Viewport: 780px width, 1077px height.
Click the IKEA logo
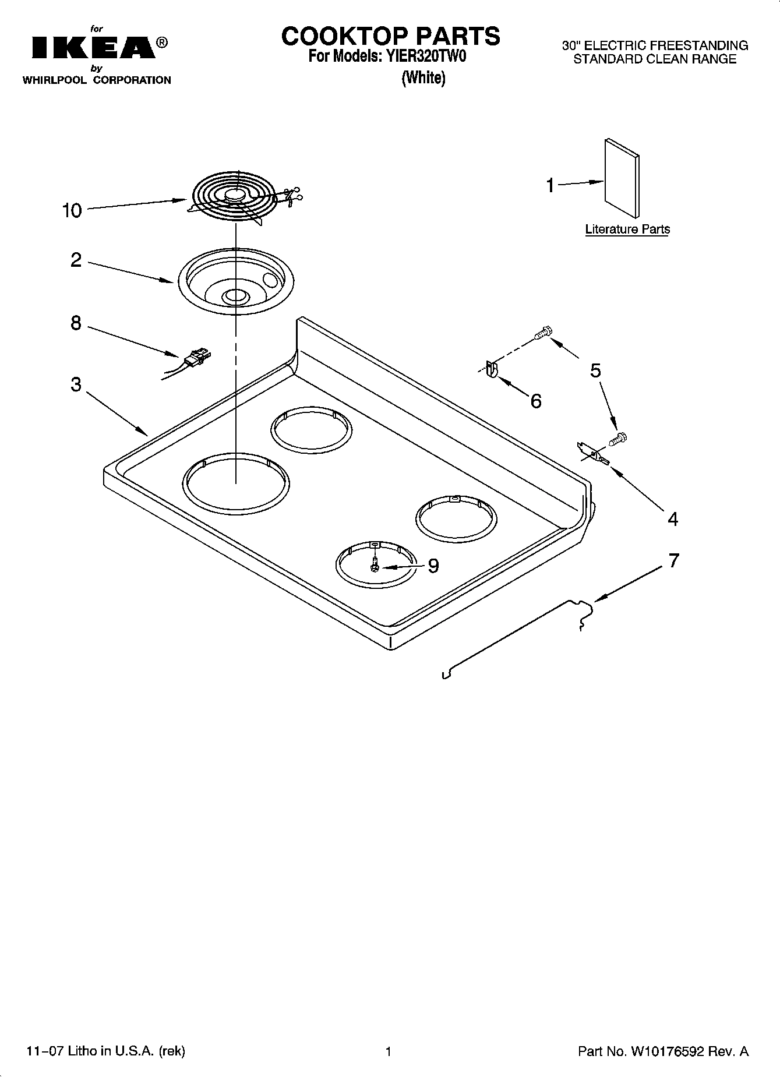tap(93, 48)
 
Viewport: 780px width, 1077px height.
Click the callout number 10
tap(72, 211)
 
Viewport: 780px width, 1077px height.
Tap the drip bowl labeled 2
tap(235, 281)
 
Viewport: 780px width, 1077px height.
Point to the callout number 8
tap(76, 323)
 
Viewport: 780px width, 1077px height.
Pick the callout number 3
tap(76, 385)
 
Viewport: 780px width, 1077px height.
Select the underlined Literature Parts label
tap(627, 229)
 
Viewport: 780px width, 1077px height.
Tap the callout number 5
tap(595, 370)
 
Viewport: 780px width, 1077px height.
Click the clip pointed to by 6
tap(491, 369)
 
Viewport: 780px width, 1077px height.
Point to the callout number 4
tap(673, 519)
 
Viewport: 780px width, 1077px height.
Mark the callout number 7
tap(673, 561)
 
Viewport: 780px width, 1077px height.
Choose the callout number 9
tap(433, 566)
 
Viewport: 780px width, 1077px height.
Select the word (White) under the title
tap(423, 77)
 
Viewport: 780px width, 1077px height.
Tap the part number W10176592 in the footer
tap(666, 1051)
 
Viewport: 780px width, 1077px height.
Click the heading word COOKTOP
tap(340, 36)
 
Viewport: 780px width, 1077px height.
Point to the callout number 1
tap(550, 186)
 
